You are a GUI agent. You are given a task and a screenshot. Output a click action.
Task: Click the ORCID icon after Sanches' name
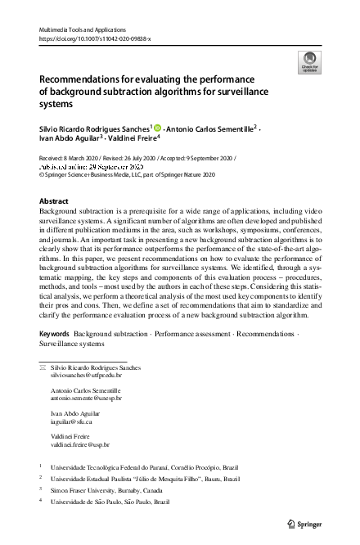click(x=156, y=128)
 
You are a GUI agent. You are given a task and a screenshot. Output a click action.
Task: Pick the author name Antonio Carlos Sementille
click(x=211, y=128)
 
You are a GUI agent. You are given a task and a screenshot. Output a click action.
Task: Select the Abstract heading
click(x=55, y=200)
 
